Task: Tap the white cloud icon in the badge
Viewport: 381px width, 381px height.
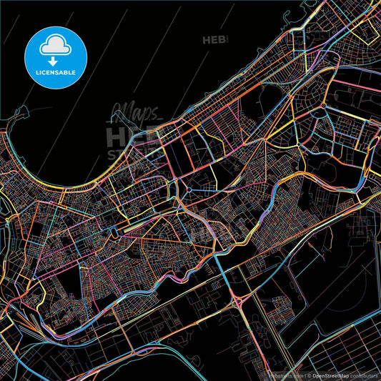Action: (56, 46)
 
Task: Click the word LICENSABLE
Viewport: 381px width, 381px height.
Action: (56, 72)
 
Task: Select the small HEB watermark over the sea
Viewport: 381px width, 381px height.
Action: (214, 40)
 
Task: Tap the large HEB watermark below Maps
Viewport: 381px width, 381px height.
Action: (133, 136)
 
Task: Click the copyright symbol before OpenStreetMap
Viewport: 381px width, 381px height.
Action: (310, 375)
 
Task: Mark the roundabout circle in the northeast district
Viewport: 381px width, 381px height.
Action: (323, 106)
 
